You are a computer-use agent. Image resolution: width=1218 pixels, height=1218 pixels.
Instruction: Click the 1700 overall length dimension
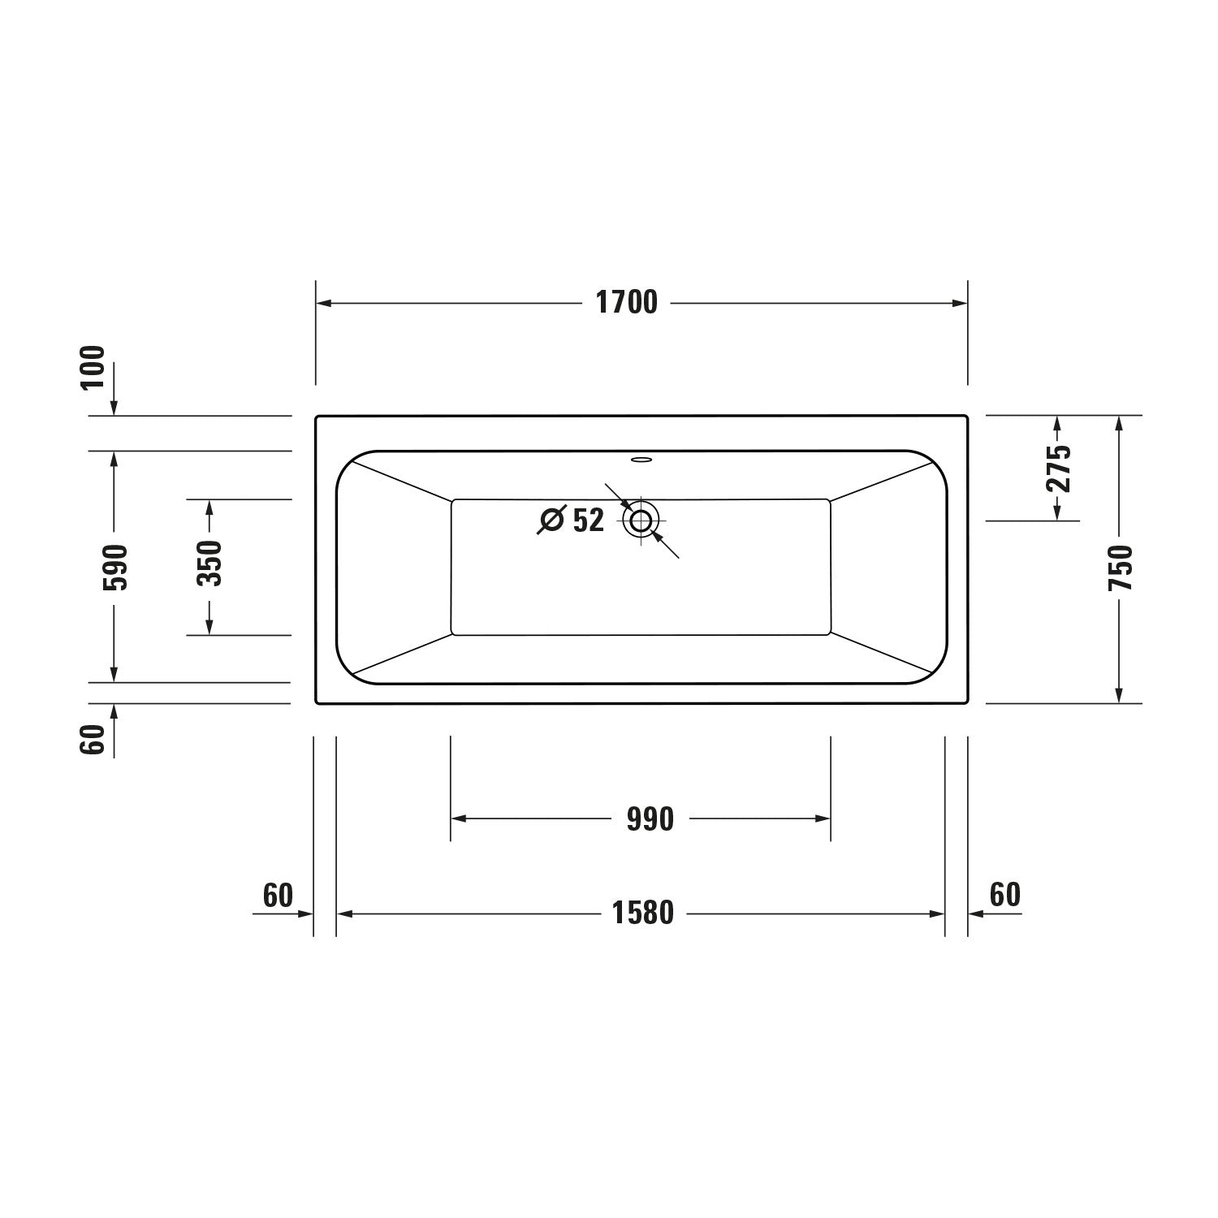[x=627, y=303]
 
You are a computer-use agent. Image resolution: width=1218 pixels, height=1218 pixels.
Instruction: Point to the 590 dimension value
[x=114, y=567]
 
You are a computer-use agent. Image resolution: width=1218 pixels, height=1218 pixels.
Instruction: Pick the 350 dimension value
[x=209, y=563]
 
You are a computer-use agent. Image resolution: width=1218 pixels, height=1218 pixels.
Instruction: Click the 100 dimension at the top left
[x=93, y=368]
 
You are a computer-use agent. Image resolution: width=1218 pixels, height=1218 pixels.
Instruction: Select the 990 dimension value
[x=650, y=819]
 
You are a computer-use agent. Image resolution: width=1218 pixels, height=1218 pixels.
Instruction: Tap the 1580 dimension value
[x=643, y=914]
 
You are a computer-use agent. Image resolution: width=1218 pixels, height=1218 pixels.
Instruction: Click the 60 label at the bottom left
[x=278, y=895]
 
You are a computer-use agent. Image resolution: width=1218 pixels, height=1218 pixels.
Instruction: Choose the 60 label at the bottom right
[x=1005, y=894]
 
